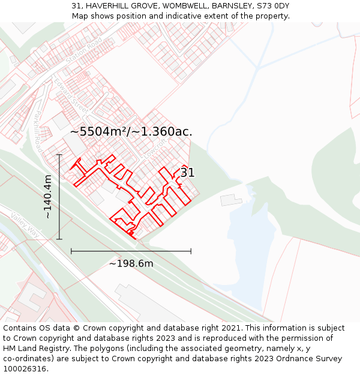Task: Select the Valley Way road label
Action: coord(24,226)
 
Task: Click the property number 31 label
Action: coord(188,173)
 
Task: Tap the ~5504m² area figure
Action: coord(99,131)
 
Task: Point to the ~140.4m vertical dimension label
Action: coord(48,197)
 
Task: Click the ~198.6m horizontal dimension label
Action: coord(131,263)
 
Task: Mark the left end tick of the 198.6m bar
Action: coord(71,251)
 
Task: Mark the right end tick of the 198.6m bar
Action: coord(191,251)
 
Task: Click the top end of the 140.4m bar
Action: coord(59,155)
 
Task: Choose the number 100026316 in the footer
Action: coord(25,368)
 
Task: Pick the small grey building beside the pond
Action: coord(231,199)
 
